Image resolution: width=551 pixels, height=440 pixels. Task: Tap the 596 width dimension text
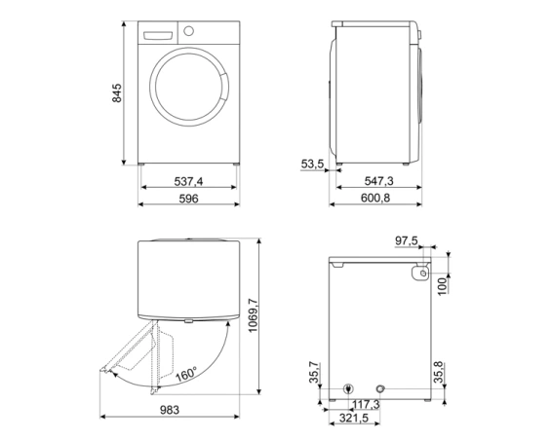point(189,199)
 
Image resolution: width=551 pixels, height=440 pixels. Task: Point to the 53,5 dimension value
point(312,165)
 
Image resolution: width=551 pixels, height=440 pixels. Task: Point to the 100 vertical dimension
point(441,286)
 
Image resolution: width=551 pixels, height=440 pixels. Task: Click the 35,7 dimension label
point(313,373)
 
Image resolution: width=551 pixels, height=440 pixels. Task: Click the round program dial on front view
point(188,31)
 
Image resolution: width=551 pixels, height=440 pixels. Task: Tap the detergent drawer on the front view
point(157,32)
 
